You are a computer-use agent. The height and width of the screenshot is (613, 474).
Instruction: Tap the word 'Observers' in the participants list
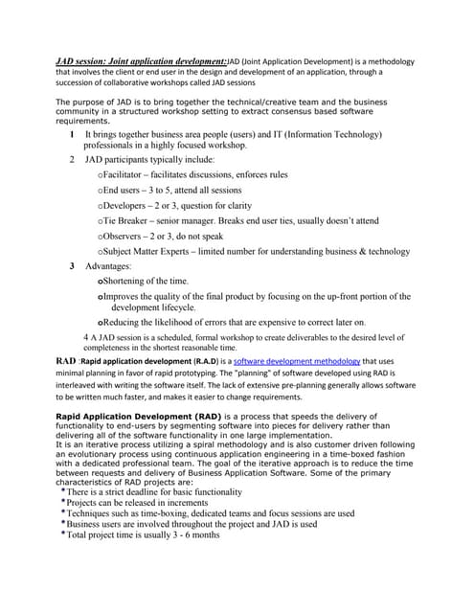click(125, 236)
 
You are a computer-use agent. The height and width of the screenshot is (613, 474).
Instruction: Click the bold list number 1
click(73, 135)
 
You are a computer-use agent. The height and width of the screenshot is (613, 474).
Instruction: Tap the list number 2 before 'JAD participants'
click(73, 160)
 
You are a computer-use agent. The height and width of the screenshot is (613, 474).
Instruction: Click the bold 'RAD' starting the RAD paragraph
click(65, 360)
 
